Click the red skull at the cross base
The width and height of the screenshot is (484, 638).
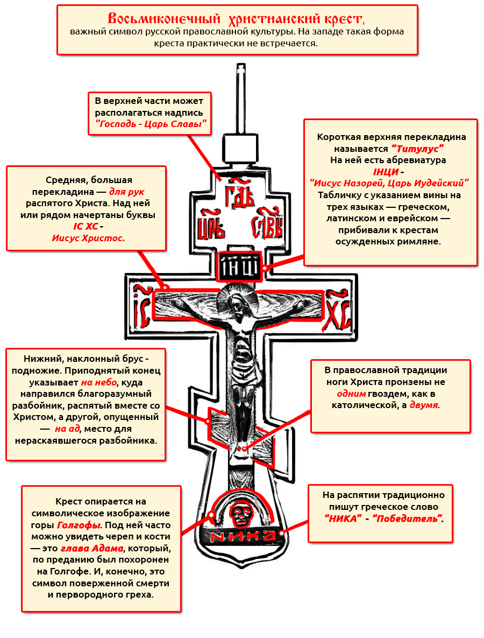point(238,514)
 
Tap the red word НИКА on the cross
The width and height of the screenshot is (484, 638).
point(243,536)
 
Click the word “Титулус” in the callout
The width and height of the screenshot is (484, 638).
point(417,148)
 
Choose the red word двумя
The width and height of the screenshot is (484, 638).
point(424,404)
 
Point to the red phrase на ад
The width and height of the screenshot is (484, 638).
point(67,429)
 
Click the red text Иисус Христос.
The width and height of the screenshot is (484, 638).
point(88,237)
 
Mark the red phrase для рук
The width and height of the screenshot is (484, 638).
point(127,191)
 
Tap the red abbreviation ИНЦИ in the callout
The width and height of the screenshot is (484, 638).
point(386,172)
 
